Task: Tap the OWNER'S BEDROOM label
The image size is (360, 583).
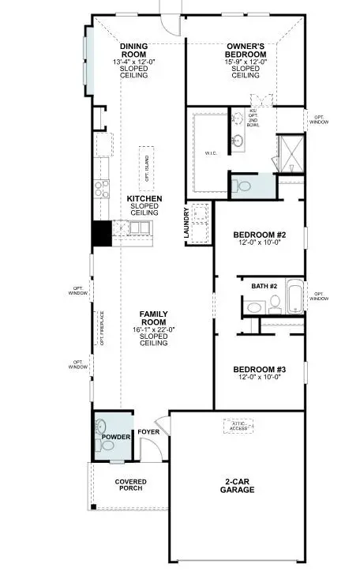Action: [x=245, y=50]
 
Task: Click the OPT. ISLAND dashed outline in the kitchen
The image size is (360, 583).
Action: [x=146, y=167]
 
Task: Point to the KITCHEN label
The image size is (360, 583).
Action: [x=145, y=198]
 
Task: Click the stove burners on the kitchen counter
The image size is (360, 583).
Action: [x=102, y=188]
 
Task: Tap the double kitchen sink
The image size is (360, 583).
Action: [x=139, y=228]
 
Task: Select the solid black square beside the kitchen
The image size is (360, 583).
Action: [x=101, y=234]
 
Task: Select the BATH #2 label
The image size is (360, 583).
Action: [x=264, y=285]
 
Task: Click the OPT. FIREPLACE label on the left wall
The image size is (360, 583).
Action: [x=101, y=327]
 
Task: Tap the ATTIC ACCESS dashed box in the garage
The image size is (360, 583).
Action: [x=238, y=427]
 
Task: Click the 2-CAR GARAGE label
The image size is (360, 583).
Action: [x=237, y=485]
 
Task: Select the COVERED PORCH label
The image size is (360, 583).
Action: [x=130, y=485]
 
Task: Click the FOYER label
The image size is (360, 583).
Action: [x=148, y=432]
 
